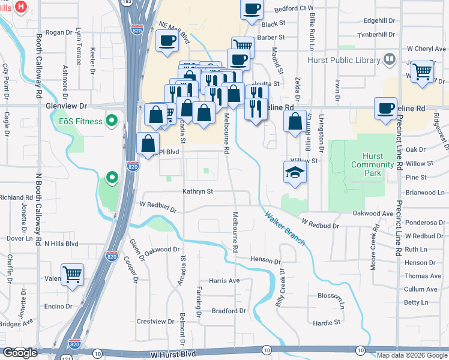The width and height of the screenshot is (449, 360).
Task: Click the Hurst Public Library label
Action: click(x=343, y=60)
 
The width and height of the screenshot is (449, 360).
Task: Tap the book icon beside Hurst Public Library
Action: click(x=390, y=59)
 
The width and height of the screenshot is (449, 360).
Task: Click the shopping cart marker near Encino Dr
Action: click(x=73, y=275)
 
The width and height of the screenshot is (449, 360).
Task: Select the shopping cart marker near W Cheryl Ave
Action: click(x=423, y=71)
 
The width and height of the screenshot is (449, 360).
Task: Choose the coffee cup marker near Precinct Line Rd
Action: click(x=385, y=108)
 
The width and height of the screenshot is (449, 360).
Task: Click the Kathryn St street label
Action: click(x=198, y=192)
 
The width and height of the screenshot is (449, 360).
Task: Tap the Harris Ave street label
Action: click(x=224, y=281)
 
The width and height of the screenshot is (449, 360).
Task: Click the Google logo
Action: click(x=20, y=353)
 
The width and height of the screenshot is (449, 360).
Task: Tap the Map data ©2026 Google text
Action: click(x=411, y=355)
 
